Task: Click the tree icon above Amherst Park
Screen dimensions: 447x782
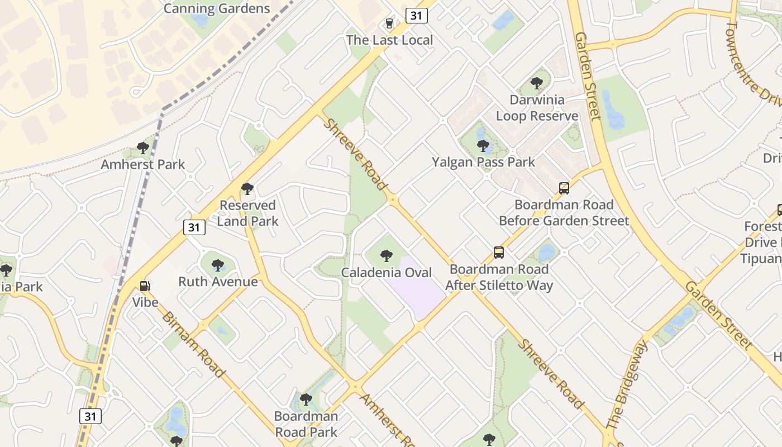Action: pos(142,148)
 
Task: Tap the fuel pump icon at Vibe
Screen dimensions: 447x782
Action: pos(145,286)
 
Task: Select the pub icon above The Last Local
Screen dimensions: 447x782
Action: pos(389,23)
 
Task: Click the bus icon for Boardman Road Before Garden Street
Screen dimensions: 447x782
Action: pos(564,188)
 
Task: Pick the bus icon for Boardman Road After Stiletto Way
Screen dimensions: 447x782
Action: pos(499,253)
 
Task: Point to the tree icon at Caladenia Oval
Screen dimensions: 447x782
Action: pos(386,256)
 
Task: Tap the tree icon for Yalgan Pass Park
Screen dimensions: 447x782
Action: pos(483,146)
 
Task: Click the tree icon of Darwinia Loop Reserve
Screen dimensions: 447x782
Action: pos(537,84)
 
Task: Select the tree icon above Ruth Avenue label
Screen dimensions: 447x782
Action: pos(218,265)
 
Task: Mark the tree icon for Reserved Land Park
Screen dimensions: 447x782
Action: pos(247,189)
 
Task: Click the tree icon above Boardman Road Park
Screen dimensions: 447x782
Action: pos(306,400)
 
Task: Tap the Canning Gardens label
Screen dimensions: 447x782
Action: pos(217,8)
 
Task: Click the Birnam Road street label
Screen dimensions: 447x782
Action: pos(193,344)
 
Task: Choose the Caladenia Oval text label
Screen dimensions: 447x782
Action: pos(387,273)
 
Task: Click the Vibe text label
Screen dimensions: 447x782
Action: pos(145,302)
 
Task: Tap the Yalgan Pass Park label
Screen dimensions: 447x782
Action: pos(483,162)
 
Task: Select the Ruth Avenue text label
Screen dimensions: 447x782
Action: pos(218,282)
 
